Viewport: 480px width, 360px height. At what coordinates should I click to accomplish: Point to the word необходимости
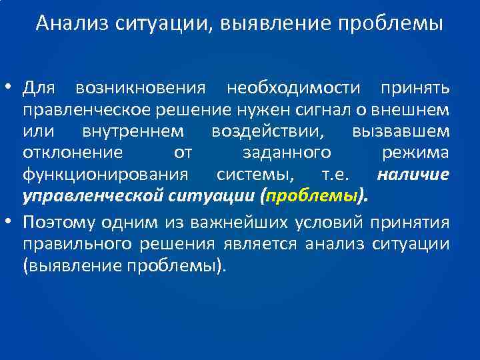[294, 87]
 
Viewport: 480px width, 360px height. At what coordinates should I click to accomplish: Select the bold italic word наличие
[413, 175]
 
